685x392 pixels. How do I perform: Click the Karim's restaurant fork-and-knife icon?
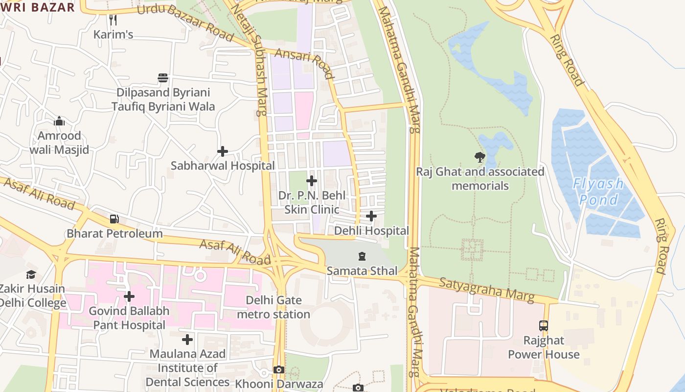click(113, 20)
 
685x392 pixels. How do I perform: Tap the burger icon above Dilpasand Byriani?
click(163, 78)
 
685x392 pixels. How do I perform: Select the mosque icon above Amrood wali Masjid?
click(59, 121)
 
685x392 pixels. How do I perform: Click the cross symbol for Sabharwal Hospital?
click(223, 151)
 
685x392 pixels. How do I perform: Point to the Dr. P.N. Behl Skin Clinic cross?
click(312, 181)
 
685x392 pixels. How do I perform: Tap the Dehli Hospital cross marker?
click(371, 216)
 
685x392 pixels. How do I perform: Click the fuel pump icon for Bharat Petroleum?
click(114, 219)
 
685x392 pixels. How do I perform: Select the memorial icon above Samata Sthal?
click(362, 256)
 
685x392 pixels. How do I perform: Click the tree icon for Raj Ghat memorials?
click(480, 157)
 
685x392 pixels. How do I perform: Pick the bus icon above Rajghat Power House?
click(544, 325)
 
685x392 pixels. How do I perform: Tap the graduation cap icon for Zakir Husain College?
click(31, 274)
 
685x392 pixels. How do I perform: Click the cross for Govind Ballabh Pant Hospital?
click(129, 296)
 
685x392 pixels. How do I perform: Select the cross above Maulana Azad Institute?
click(187, 340)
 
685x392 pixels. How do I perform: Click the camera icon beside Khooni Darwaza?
click(279, 369)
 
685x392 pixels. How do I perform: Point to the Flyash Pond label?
click(599, 192)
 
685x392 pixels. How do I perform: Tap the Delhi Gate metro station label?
click(274, 307)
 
